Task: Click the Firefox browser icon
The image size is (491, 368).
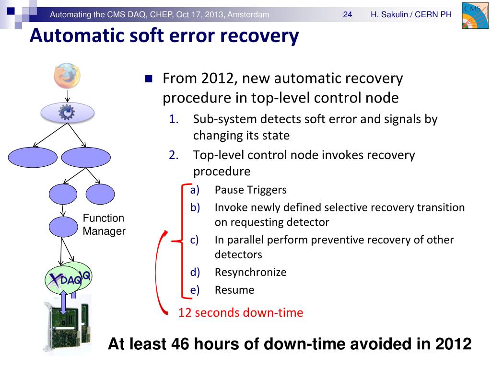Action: (67, 77)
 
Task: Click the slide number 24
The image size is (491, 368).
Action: (348, 15)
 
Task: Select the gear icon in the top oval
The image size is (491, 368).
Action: (67, 112)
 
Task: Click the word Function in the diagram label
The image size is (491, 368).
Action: (104, 218)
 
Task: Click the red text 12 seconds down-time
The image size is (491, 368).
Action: (241, 313)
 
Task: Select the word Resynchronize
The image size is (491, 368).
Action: (250, 272)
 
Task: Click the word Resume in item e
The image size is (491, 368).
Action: (234, 289)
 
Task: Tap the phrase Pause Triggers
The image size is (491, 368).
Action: (250, 190)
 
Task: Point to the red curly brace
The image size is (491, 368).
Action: (180, 240)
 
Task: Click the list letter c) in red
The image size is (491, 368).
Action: (194, 240)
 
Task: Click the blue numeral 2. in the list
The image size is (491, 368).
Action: (173, 155)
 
